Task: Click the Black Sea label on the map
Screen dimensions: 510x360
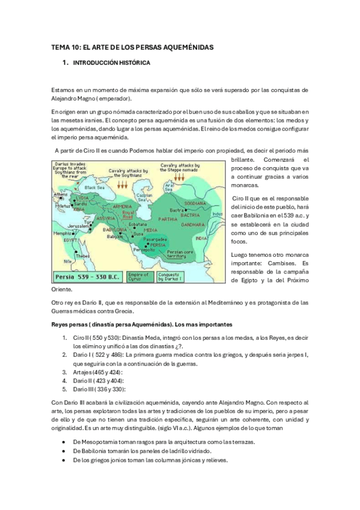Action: pyautogui.click(x=95, y=188)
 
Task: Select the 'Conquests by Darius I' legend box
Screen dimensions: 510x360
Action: pyautogui.click(x=173, y=277)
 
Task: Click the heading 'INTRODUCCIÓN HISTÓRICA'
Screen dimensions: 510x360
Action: pyautogui.click(x=111, y=63)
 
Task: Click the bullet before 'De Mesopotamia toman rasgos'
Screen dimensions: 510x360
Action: pyautogui.click(x=64, y=441)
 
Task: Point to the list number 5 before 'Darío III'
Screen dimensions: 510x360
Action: pyautogui.click(x=65, y=389)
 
